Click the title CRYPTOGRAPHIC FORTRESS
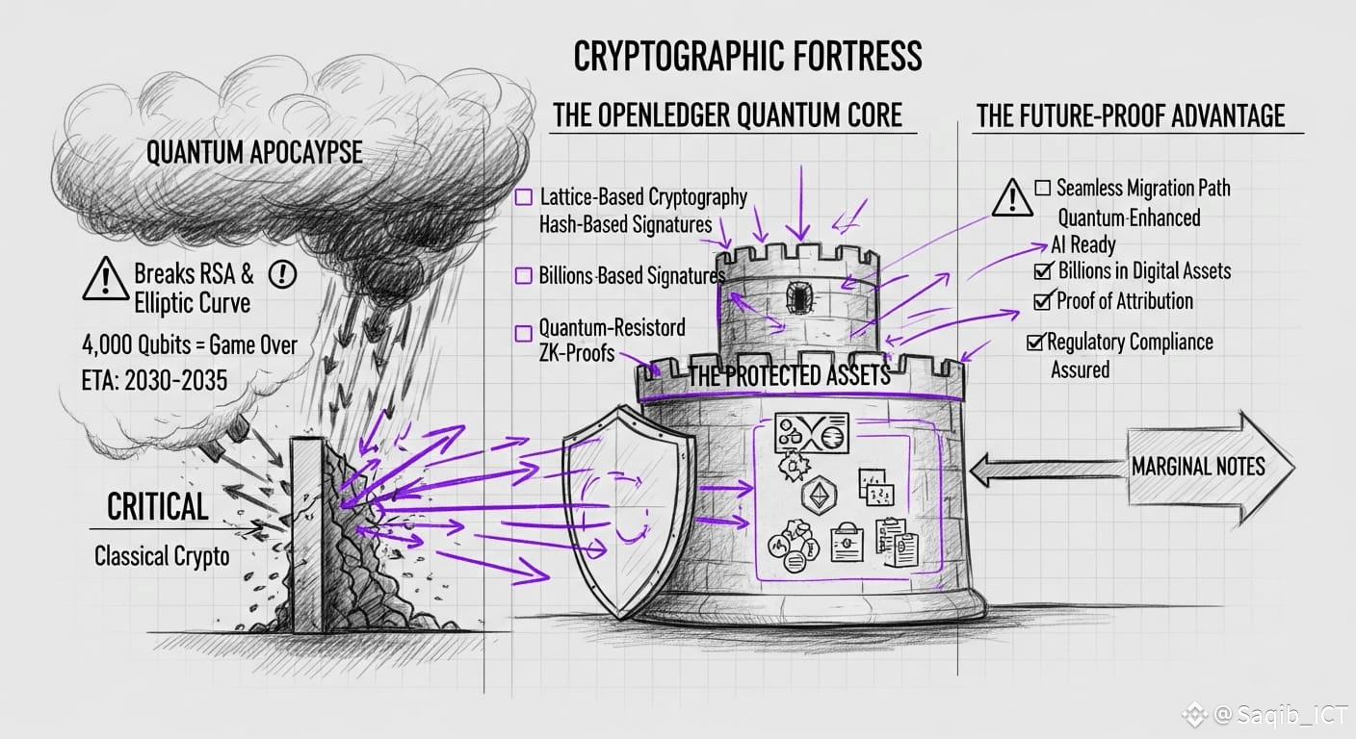coord(747,58)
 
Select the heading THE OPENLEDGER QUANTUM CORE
coord(727,116)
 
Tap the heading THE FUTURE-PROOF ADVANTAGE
coord(1130,116)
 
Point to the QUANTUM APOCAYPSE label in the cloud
coord(254,152)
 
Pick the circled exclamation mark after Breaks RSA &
coord(282,274)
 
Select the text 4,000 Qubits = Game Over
coord(190,344)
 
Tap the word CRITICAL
coord(157,507)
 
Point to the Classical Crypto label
coord(162,556)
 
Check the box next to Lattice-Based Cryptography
coord(524,198)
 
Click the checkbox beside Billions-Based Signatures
coord(523,276)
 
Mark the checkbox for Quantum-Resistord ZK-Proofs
coord(523,334)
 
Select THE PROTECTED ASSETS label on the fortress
coord(789,376)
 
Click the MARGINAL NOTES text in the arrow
coord(1197,468)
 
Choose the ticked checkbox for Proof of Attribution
coord(1042,301)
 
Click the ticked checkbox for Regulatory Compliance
coord(1035,342)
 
